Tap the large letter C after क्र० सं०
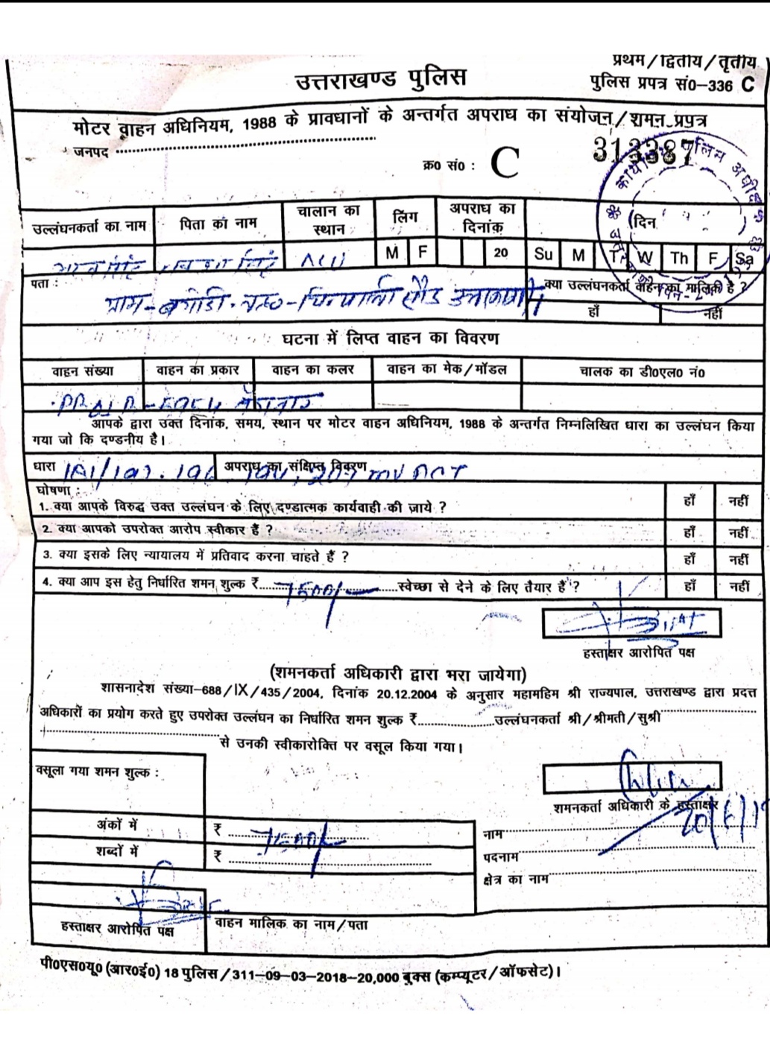tap(505, 163)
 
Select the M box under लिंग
tap(392, 253)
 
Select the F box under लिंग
tap(423, 253)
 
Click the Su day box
tap(543, 255)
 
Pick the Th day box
tap(678, 258)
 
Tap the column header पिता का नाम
tap(218, 223)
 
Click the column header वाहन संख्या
tap(83, 370)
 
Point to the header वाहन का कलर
tap(312, 370)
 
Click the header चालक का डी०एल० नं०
tap(641, 371)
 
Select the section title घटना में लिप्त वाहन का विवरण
tap(390, 339)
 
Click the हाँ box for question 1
tap(689, 502)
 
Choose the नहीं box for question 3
tap(739, 559)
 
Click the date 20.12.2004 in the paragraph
tap(406, 693)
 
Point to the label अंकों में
tap(117, 825)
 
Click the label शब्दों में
tap(117, 851)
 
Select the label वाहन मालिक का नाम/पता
tap(291, 924)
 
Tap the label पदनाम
tap(500, 857)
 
